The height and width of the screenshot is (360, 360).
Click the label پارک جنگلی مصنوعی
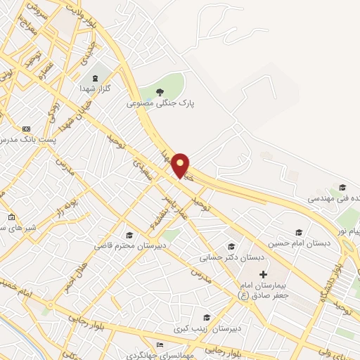point(160,103)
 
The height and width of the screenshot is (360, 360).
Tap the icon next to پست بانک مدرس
point(26,129)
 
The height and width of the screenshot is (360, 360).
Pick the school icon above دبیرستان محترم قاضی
point(129,235)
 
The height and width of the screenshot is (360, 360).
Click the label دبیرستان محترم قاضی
point(128,246)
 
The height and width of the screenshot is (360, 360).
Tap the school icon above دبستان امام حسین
point(298,232)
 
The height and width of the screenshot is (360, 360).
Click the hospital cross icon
point(263,273)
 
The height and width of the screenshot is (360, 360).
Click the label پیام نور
point(350,231)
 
